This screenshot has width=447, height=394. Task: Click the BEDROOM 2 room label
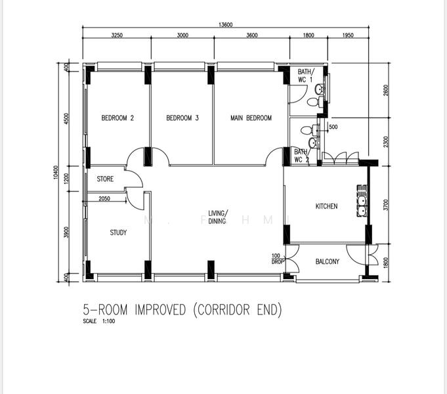117,118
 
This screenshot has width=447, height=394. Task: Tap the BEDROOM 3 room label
182,118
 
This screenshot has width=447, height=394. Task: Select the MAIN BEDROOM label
251,118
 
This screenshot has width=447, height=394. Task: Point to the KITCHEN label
326,206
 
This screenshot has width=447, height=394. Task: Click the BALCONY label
328,261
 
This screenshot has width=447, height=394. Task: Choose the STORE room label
105,179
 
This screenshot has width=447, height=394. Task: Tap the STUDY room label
119,232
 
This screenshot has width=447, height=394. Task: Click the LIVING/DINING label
217,217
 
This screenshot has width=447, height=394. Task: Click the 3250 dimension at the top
117,35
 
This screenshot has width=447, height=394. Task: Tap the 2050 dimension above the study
104,198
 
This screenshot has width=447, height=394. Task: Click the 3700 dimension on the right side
386,205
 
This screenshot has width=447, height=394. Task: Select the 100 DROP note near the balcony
278,258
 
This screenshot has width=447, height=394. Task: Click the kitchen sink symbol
361,205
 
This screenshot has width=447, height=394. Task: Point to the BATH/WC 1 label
306,76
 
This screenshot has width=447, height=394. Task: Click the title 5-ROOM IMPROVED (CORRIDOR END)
182,309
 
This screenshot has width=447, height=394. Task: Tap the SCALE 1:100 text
99,322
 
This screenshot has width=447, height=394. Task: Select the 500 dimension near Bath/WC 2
333,127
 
